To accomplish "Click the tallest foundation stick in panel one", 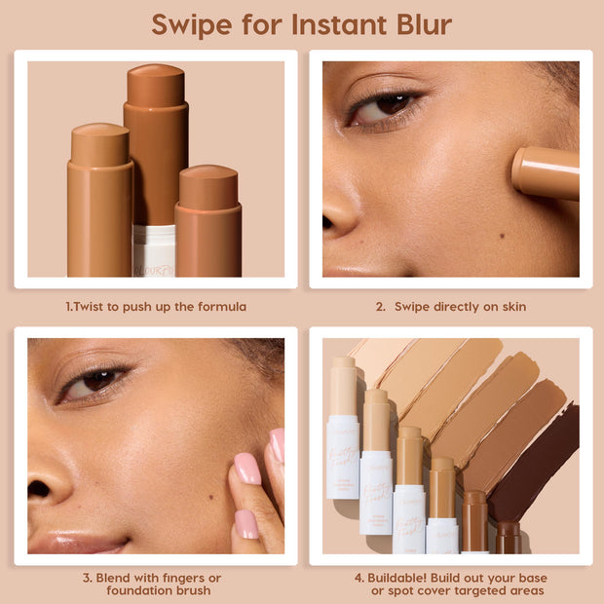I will [x=156, y=146].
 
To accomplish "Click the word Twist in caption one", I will [x=91, y=307].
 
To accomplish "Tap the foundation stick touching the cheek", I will [x=546, y=172].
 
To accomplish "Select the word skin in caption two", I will [x=512, y=307].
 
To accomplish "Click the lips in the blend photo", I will [x=73, y=542].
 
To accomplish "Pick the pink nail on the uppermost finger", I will [x=277, y=444].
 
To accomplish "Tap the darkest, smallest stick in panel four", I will [x=508, y=537].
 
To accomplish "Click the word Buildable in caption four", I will [x=403, y=577].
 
